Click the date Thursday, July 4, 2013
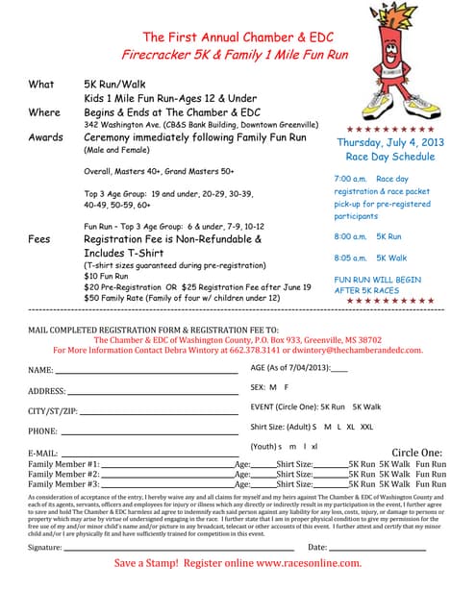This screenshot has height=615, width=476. [389, 142]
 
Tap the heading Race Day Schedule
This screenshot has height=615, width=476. [389, 157]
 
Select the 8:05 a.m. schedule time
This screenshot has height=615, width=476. [350, 258]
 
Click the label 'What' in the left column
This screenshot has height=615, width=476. [41, 85]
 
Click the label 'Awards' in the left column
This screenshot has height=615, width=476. [46, 137]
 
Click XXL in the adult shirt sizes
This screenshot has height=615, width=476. [367, 427]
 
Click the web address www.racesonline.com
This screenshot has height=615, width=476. [310, 563]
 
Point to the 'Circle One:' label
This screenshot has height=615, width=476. [416, 453]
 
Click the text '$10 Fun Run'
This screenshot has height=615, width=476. [108, 276]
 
